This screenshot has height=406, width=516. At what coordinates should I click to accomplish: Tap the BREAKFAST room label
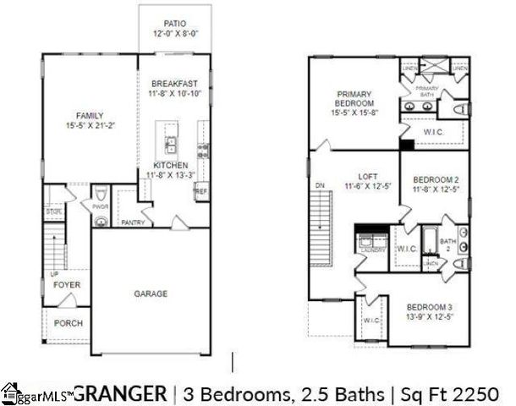coord(174,84)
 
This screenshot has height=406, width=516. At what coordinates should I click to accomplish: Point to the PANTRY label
coord(133,223)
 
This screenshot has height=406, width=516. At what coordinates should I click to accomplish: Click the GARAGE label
coord(150,294)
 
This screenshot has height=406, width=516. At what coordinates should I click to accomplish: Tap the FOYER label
coord(67,285)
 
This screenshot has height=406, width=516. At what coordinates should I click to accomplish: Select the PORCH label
coord(68,323)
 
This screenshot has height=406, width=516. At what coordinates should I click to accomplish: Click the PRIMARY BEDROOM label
coord(349,98)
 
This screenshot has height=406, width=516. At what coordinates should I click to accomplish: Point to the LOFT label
coord(366,175)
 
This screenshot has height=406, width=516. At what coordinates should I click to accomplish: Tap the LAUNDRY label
coord(372,250)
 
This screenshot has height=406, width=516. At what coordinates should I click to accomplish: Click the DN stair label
coord(319,184)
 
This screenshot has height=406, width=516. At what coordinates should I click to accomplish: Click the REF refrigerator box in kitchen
coord(200,192)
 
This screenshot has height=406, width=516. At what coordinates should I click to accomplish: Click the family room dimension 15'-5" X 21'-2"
coord(89,126)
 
